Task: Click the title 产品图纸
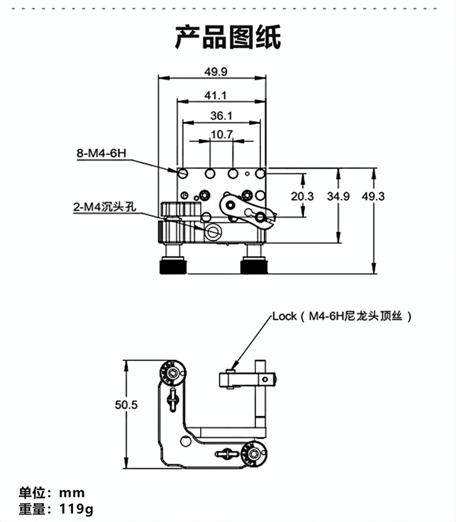(x=228, y=38)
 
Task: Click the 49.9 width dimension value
(x=215, y=72)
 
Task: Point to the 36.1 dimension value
(x=221, y=115)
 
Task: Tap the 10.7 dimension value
(x=222, y=135)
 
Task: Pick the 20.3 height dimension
(x=302, y=196)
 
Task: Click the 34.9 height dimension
(x=338, y=196)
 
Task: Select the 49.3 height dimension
(x=373, y=196)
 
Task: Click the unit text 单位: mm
(x=52, y=492)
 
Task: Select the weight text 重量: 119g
(x=56, y=509)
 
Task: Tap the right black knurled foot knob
(x=254, y=266)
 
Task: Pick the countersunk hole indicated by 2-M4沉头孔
(x=213, y=232)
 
